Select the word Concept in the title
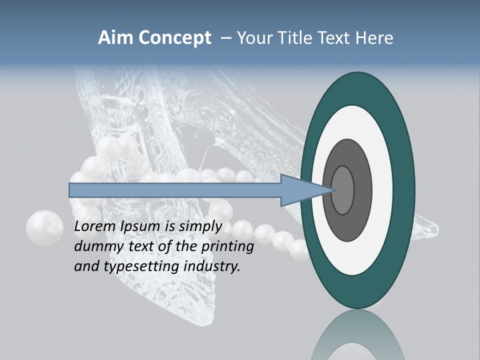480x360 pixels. click(x=175, y=38)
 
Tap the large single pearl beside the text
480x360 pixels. click(x=44, y=228)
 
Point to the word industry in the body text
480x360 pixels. click(x=211, y=266)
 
